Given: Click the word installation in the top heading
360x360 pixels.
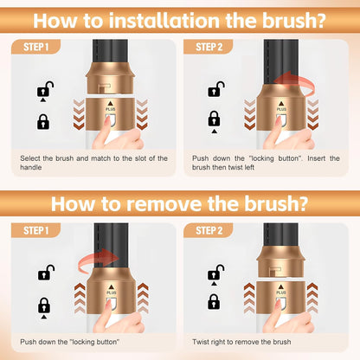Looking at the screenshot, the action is [165, 20].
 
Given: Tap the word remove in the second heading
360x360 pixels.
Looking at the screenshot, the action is [164, 203].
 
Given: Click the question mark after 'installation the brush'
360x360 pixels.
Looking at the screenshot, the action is [319, 20].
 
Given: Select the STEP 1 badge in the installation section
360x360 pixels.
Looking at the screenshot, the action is [35, 47].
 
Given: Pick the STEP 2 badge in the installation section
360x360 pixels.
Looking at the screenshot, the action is [209, 47].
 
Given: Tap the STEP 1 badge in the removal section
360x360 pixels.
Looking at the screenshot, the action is [35, 230].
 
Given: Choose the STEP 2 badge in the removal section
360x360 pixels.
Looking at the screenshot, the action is [209, 230].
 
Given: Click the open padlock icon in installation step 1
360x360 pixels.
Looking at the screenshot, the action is [45, 89].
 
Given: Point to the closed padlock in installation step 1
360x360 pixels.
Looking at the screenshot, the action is [43, 122].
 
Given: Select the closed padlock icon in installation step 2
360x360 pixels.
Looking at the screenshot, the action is [214, 119].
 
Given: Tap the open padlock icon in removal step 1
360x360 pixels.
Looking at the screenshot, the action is [46, 273].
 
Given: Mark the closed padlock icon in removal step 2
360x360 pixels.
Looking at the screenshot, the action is [214, 302].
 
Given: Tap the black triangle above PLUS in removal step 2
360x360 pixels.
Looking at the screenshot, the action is [281, 287].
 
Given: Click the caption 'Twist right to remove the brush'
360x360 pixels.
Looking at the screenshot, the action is [241, 342].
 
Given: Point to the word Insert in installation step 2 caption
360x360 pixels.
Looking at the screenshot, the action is [316, 158].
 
